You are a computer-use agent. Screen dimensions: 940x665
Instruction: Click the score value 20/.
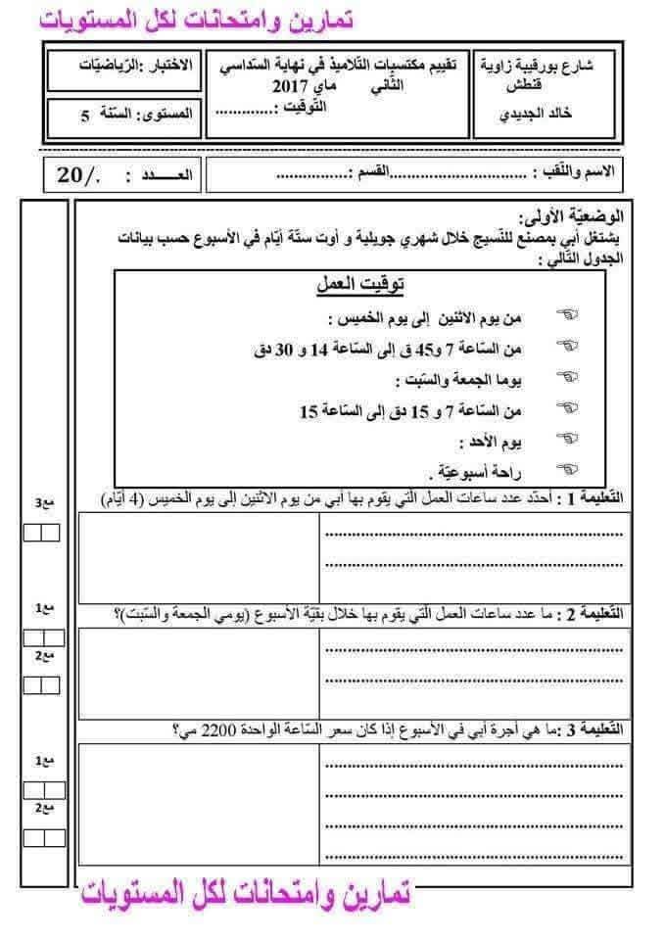[78, 175]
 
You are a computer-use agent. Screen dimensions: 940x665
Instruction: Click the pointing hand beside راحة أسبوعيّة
[567, 470]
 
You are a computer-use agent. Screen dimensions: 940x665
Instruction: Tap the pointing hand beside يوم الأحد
[567, 440]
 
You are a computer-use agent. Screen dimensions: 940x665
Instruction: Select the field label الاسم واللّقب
[579, 172]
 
